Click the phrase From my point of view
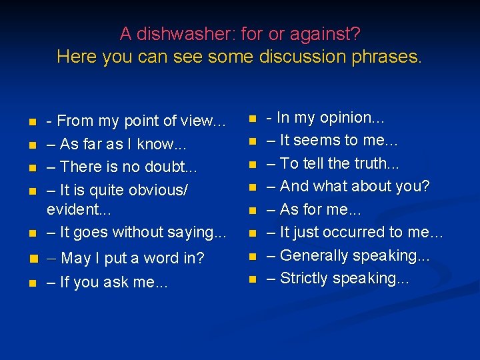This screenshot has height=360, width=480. click(x=136, y=121)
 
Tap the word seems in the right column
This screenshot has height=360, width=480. click(x=316, y=141)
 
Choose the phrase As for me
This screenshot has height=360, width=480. click(x=313, y=209)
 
